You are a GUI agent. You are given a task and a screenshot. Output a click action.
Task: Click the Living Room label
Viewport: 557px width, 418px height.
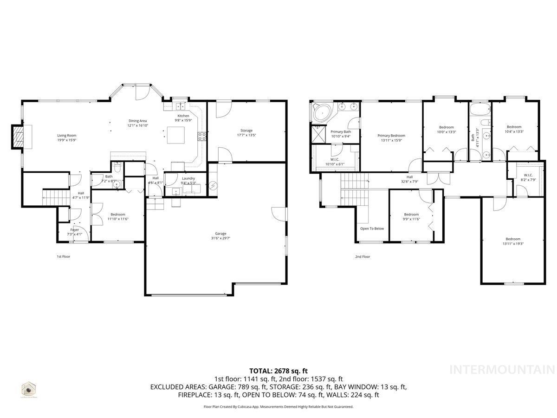[x=67, y=135]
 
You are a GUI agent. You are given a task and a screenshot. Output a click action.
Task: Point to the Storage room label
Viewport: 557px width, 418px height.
[x=246, y=131]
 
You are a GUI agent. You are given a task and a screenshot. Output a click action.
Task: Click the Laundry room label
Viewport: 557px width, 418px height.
[x=188, y=178]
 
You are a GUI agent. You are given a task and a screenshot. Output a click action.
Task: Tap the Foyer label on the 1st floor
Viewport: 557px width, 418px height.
[x=74, y=230]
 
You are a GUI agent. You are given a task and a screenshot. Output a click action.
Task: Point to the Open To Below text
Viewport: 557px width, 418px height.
[x=372, y=229]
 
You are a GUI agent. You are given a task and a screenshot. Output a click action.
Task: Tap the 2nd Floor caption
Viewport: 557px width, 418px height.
[x=363, y=256]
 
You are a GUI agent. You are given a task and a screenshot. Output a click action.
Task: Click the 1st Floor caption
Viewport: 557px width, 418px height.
[x=63, y=256]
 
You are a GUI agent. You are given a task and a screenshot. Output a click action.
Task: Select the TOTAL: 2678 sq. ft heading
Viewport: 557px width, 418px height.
[x=278, y=371]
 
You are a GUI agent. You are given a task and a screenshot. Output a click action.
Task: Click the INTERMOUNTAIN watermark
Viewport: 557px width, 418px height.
[x=502, y=370]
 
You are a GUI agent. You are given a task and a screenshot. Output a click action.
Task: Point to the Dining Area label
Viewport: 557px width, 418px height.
[x=137, y=121]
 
